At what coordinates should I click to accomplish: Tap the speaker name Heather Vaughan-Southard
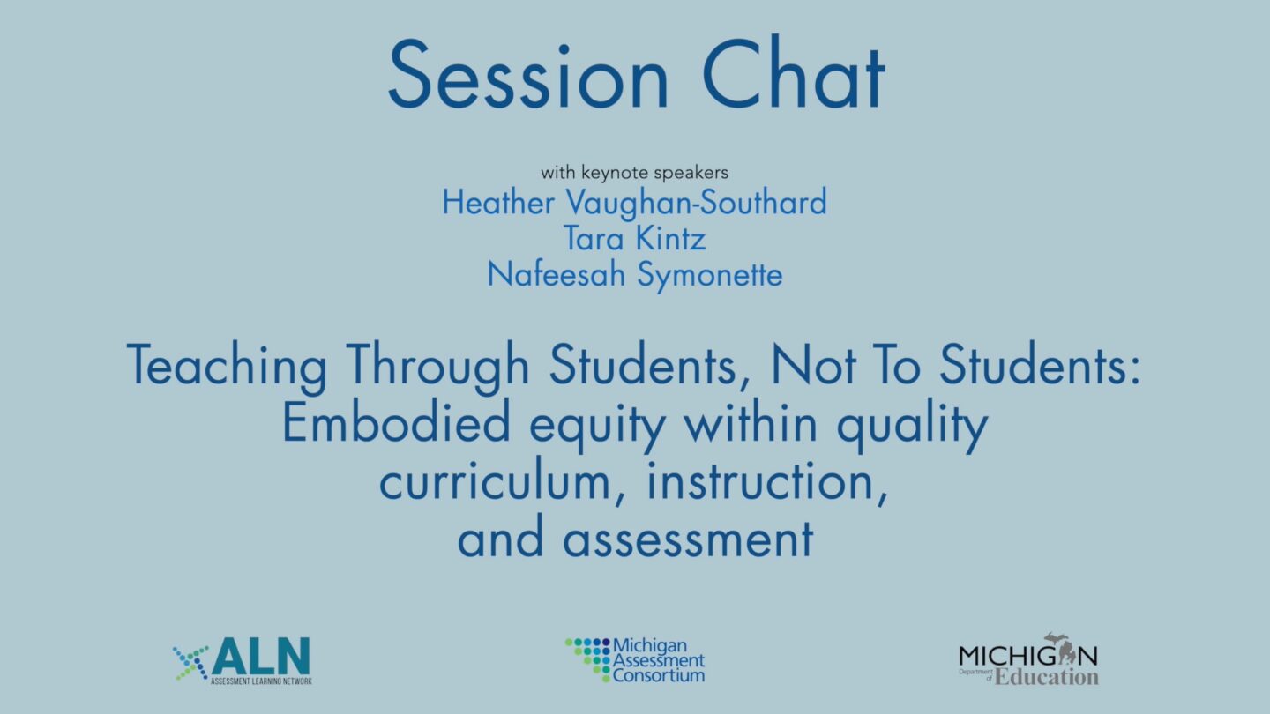coord(634,203)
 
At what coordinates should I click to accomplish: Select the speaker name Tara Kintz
coord(634,239)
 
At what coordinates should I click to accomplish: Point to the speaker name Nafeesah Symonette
coord(635,275)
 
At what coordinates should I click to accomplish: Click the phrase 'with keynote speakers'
coord(634,172)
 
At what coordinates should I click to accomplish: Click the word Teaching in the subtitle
coord(227,366)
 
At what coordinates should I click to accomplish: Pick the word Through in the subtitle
coord(437,366)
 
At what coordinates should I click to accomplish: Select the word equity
coord(598,425)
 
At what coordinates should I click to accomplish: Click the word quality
coord(912,425)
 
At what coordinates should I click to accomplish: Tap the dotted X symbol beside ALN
coord(191,663)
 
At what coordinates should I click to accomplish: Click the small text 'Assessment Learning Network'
coord(261,681)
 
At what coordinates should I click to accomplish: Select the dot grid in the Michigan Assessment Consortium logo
coord(588,658)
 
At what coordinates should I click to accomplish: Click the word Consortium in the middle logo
coord(659,675)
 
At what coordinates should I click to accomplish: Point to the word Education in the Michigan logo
coord(1047,677)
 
